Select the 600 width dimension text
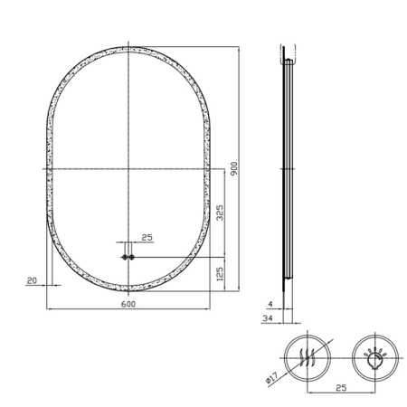point(128,304)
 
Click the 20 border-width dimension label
point(32,281)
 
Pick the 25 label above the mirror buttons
point(147,237)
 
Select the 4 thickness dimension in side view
point(269,304)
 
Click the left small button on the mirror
point(124,257)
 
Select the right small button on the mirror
point(133,257)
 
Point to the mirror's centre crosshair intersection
point(128,169)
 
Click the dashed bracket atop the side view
point(287,51)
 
